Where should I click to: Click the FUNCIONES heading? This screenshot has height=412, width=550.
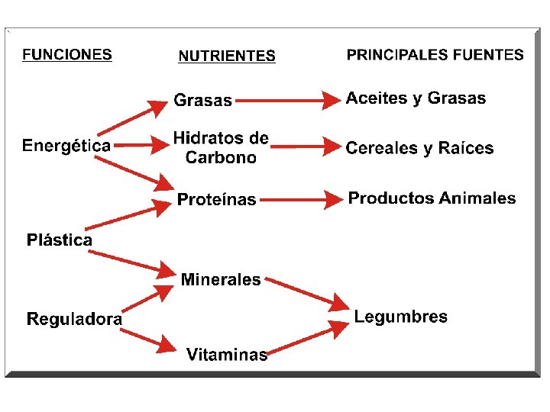67,55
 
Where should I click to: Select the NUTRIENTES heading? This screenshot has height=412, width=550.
227,56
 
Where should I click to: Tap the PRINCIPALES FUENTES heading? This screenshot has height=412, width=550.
435,55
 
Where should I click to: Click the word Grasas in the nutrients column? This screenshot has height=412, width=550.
203,100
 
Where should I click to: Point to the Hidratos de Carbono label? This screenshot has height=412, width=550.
221,148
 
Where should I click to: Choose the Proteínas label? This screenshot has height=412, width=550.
217,200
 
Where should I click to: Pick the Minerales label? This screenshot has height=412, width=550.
221,280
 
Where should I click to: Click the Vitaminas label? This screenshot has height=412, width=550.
227,354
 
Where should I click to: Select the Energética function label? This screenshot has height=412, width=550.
66,145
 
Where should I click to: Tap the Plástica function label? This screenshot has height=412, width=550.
60,240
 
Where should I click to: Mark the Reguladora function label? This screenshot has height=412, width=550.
74,319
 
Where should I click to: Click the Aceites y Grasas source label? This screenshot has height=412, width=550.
416,98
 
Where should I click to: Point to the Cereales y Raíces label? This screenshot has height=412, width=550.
419,148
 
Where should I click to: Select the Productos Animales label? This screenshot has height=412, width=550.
432,198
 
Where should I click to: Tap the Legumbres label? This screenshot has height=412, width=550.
401,317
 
